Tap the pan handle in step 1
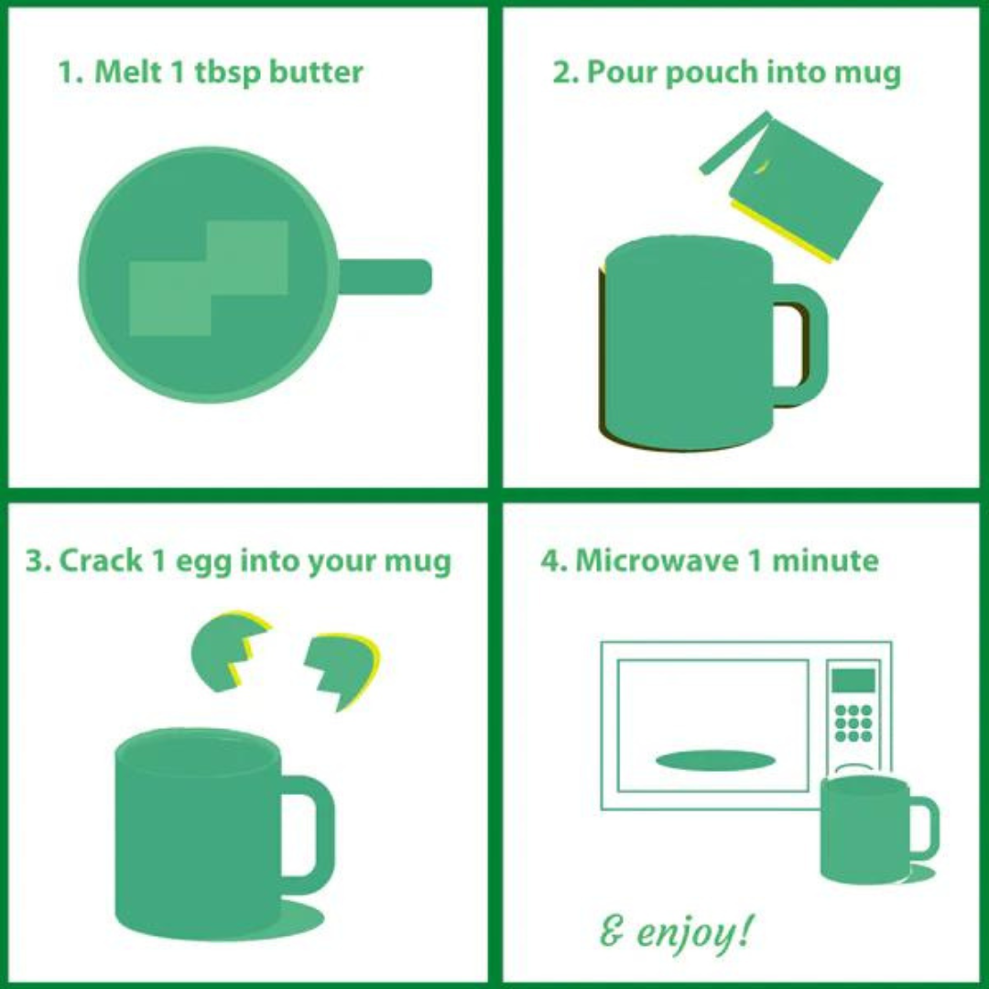coord(385,277)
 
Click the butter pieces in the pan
coord(209,278)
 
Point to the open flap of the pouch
coord(734,144)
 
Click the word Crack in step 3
coord(101,560)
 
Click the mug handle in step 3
coord(309,826)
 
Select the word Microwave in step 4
coord(656,560)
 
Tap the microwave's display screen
coord(853,681)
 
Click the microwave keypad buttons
coord(853,723)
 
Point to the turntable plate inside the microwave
coord(715,760)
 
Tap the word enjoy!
coord(694,933)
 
